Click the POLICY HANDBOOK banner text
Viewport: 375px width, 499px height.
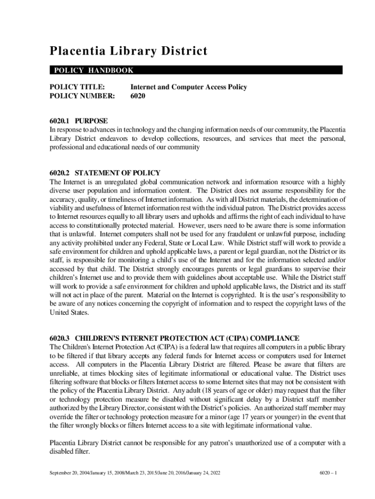pos(92,71)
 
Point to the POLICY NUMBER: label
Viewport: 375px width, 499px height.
pos(82,96)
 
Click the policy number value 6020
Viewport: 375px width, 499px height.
pos(138,96)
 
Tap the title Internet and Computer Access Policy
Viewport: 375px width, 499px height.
pos(188,87)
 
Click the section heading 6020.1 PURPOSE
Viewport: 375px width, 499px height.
pos(78,121)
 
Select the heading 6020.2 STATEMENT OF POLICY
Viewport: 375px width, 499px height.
pos(105,173)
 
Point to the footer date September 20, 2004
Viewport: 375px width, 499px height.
pos(70,473)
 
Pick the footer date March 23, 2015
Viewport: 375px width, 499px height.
pos(137,473)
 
